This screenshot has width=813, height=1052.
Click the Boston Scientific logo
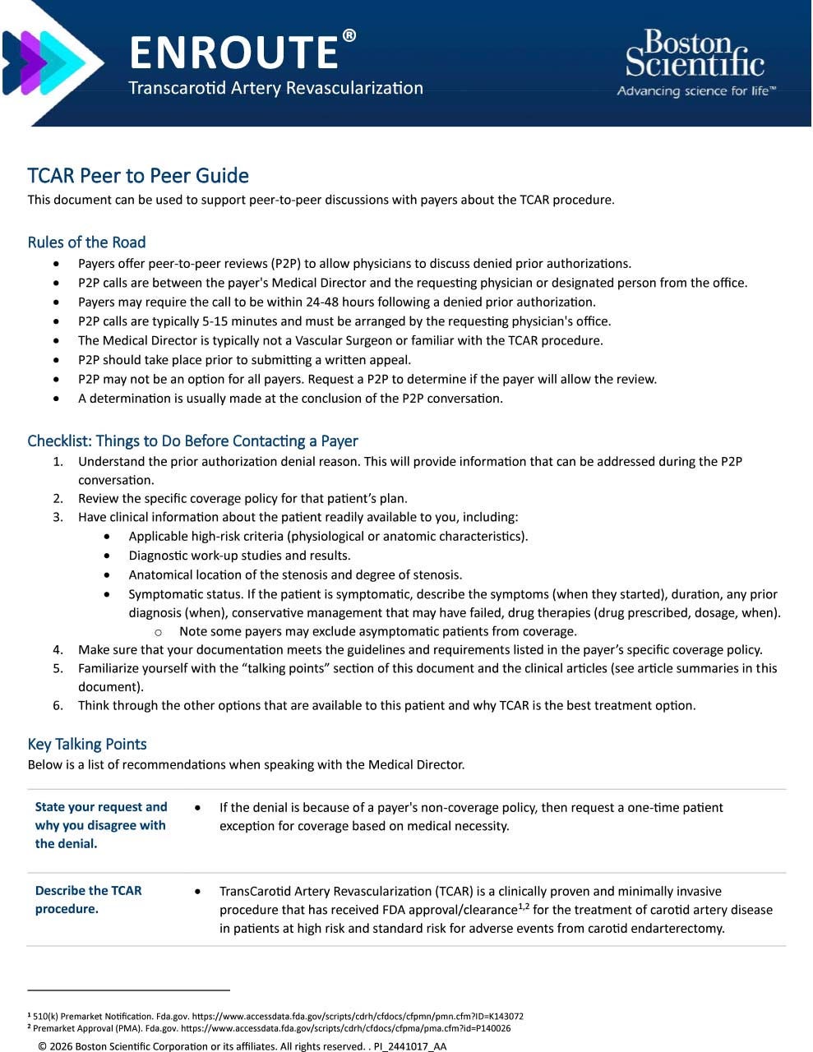(x=695, y=63)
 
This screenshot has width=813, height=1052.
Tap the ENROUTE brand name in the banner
(x=234, y=53)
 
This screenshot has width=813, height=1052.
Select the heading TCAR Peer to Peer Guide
(x=138, y=176)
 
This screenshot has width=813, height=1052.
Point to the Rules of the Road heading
(x=86, y=242)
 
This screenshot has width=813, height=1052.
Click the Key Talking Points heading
(x=87, y=744)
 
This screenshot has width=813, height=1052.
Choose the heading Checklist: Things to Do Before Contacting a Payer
(x=192, y=441)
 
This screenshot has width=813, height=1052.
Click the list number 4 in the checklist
(x=58, y=650)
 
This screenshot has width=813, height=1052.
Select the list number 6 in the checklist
(x=58, y=705)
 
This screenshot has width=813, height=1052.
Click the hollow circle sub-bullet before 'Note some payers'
(x=158, y=632)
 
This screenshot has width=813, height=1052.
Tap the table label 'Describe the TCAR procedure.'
(x=89, y=900)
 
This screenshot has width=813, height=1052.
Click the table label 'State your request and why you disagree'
(x=101, y=825)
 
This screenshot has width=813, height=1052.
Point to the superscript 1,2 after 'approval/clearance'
(x=524, y=907)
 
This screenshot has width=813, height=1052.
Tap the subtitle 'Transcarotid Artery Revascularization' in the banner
(x=275, y=88)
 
